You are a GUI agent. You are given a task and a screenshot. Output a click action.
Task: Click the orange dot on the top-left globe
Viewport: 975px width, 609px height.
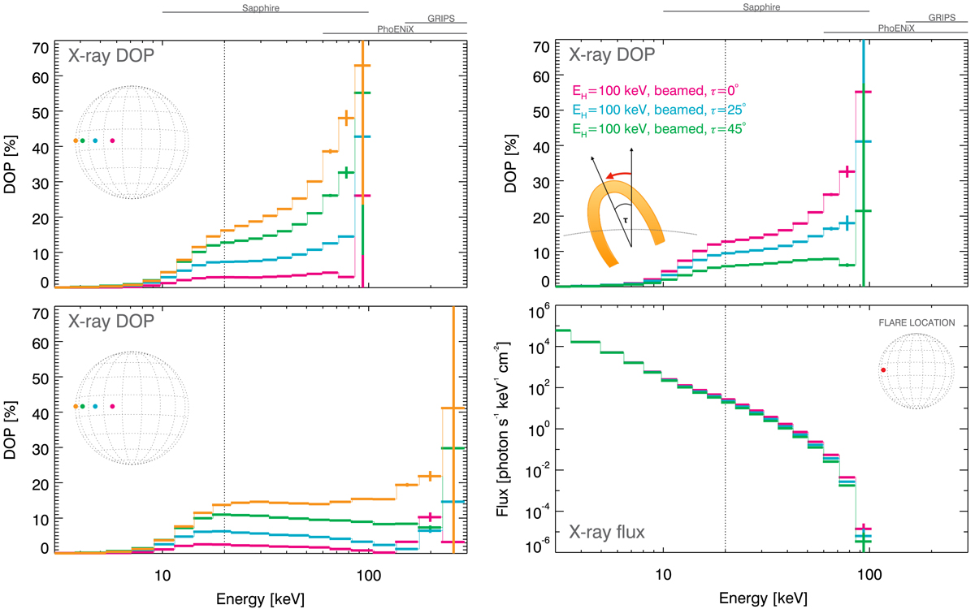click(x=76, y=140)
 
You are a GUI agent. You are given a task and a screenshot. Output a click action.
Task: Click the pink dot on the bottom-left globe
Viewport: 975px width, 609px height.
click(x=112, y=406)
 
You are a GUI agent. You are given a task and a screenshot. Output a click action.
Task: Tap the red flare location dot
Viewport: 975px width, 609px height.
click(x=883, y=370)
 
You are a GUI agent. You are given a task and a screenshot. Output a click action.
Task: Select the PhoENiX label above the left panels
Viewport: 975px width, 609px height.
click(x=395, y=28)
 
